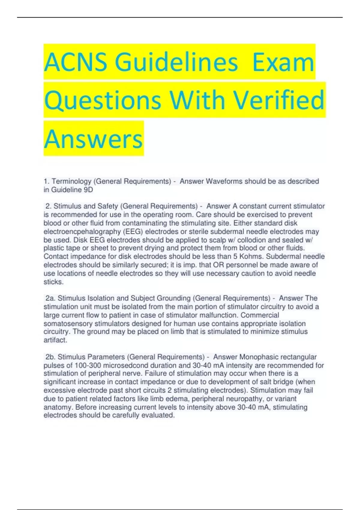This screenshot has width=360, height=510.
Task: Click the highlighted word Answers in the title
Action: (93, 139)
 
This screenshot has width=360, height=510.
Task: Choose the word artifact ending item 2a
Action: (55, 340)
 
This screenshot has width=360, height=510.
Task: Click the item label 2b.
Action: (50, 357)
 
